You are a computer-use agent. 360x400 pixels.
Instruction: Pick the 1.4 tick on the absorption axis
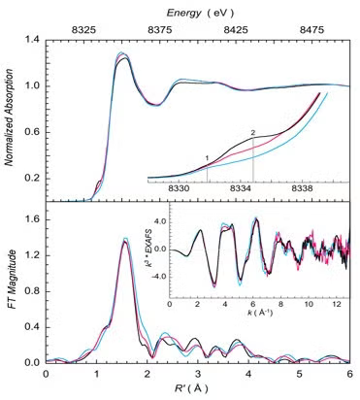tap(33, 40)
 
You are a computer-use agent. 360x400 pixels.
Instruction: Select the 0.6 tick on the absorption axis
tap(33, 132)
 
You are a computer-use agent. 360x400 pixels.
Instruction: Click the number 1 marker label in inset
tap(206, 157)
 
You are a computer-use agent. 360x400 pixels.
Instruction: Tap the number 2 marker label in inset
tap(253, 133)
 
